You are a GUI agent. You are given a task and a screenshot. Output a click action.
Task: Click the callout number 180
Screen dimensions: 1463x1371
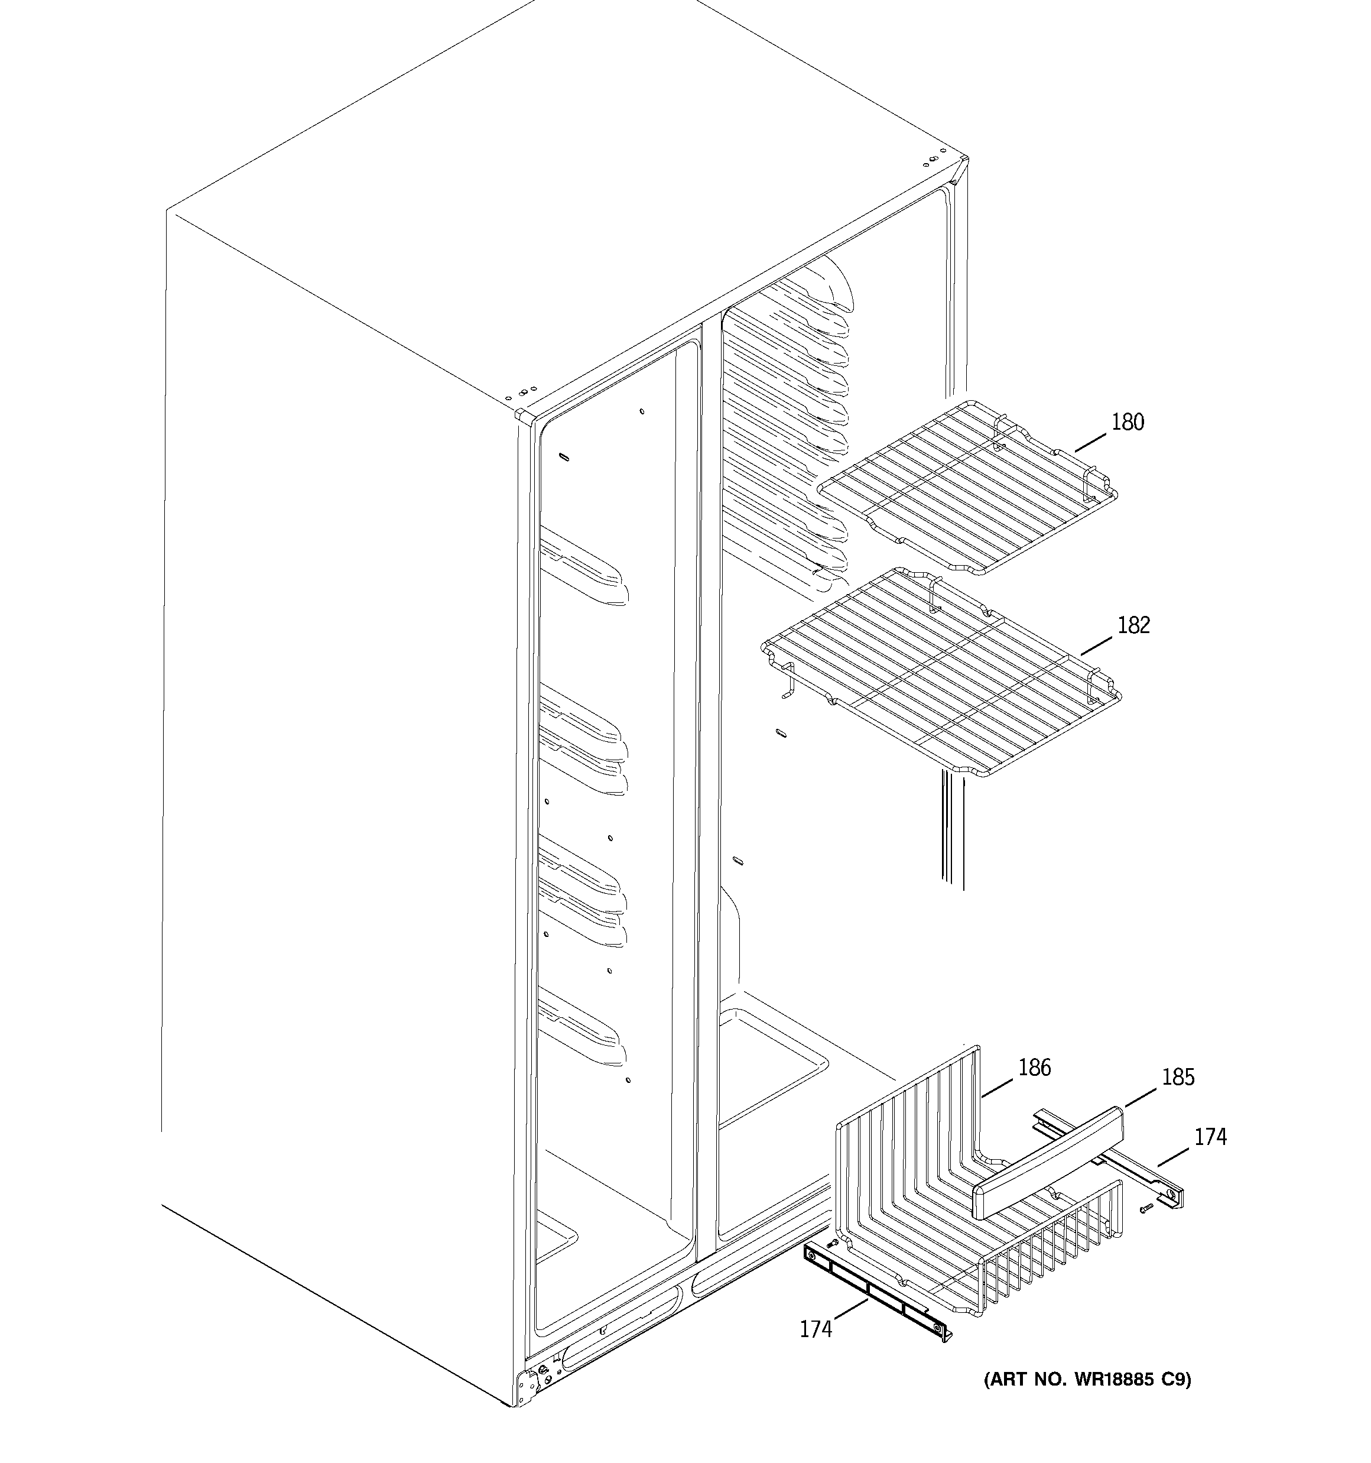click(x=1128, y=423)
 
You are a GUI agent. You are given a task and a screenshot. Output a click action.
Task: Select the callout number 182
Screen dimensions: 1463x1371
click(x=1133, y=625)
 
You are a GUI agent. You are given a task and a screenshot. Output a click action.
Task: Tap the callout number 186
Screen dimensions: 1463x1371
click(x=1034, y=1067)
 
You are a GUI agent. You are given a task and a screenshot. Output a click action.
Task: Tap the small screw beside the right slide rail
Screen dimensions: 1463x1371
click(x=1145, y=1209)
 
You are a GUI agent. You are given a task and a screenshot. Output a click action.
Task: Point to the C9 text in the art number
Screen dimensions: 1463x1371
click(x=1175, y=1378)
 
